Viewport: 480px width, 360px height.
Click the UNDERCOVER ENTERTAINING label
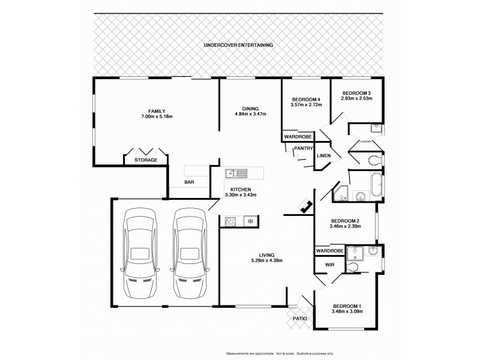[x=238, y=45]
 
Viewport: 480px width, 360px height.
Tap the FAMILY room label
[x=157, y=111]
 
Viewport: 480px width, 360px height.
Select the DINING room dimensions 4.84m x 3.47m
[x=250, y=114]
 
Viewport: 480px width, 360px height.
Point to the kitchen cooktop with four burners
[x=230, y=221]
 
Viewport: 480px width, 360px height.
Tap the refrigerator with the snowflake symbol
[x=250, y=221]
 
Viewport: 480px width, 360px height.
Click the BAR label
[x=189, y=182]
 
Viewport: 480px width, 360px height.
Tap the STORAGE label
[x=146, y=160]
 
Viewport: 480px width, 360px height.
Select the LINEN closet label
[x=323, y=156]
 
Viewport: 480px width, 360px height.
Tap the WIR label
[x=329, y=264]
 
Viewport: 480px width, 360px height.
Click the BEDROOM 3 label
[x=356, y=93]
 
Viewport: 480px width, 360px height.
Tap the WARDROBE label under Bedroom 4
[x=298, y=137]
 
